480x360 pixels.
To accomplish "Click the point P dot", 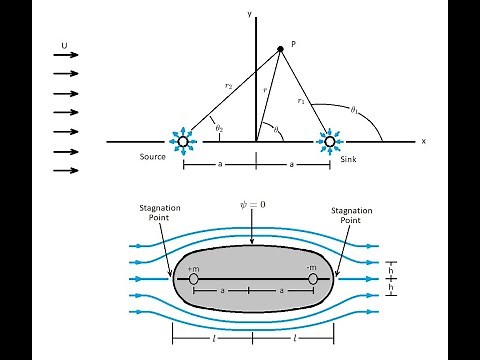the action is click(x=280, y=49).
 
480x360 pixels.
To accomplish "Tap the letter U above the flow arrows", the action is click(x=65, y=45).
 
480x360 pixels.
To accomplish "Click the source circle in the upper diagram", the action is click(x=182, y=142).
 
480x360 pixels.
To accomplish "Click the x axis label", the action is click(x=423, y=142).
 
